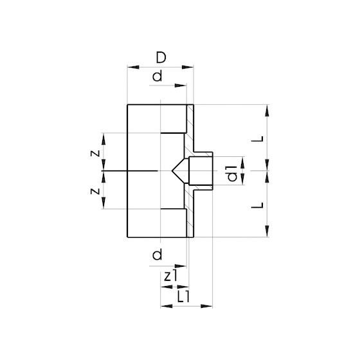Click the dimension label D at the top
click(x=161, y=59)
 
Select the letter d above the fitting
click(x=157, y=78)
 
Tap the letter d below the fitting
click(x=157, y=256)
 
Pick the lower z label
click(x=94, y=190)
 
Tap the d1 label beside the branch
click(x=232, y=172)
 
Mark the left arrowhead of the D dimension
click(x=132, y=66)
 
